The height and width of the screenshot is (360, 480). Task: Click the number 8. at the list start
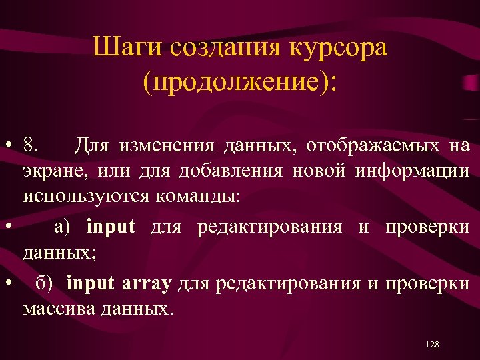click(30, 145)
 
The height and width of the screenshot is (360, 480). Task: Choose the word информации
click(411, 172)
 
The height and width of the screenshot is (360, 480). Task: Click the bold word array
click(147, 283)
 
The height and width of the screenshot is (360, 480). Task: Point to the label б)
click(49, 283)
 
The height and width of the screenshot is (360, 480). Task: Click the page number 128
click(431, 344)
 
